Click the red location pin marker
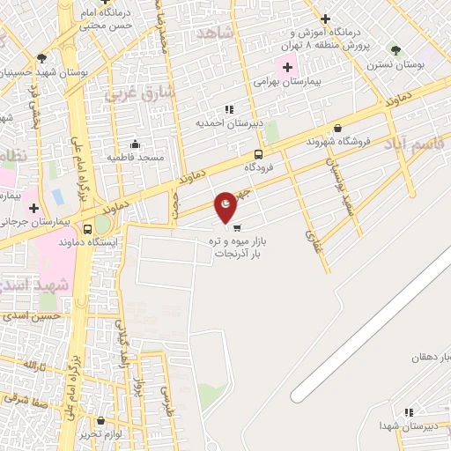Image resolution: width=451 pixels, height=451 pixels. (226, 206)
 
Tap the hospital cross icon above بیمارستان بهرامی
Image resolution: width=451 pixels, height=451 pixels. (287, 66)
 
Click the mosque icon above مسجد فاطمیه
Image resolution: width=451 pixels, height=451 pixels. (135, 144)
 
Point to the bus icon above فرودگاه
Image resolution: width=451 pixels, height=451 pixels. (257, 153)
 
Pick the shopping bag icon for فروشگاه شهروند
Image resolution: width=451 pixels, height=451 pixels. (337, 129)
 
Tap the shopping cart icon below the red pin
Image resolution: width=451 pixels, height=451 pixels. (237, 227)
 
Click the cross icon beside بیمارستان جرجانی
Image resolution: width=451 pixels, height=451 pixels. (33, 209)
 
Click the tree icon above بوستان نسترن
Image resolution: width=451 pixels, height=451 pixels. (395, 50)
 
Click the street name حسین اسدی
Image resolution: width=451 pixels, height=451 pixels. (31, 314)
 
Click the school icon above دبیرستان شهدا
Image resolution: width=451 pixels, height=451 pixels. (408, 412)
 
